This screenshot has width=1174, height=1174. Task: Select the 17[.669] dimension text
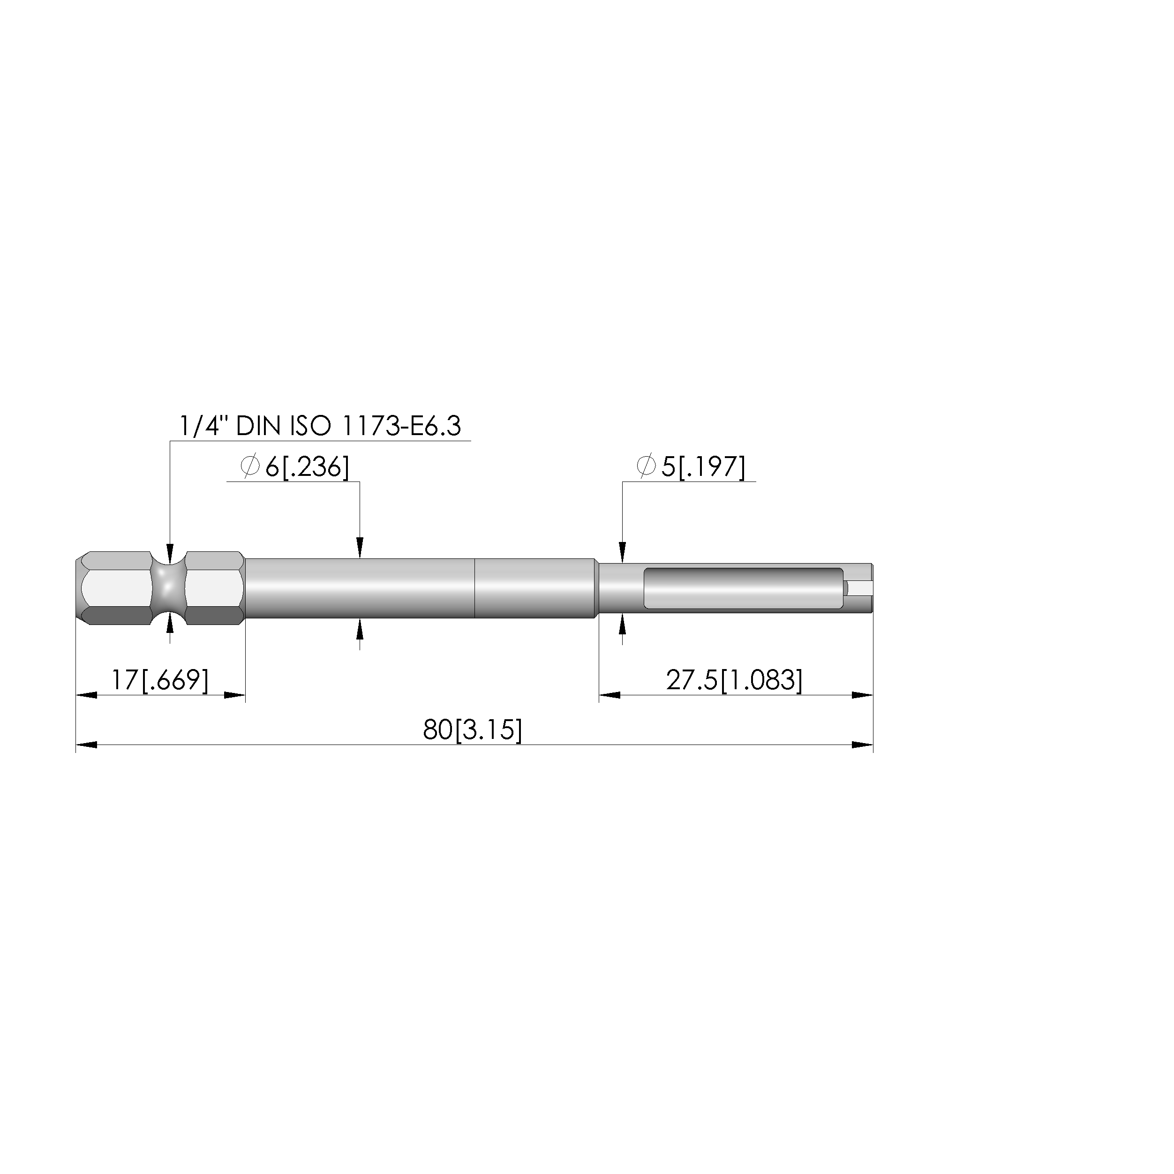[160, 680]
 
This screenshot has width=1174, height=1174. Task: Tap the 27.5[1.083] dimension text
[734, 680]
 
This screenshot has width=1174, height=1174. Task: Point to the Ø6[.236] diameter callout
[295, 467]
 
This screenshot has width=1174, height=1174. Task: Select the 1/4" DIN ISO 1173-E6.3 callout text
[320, 426]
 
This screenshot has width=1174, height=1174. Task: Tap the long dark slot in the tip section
[743, 588]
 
